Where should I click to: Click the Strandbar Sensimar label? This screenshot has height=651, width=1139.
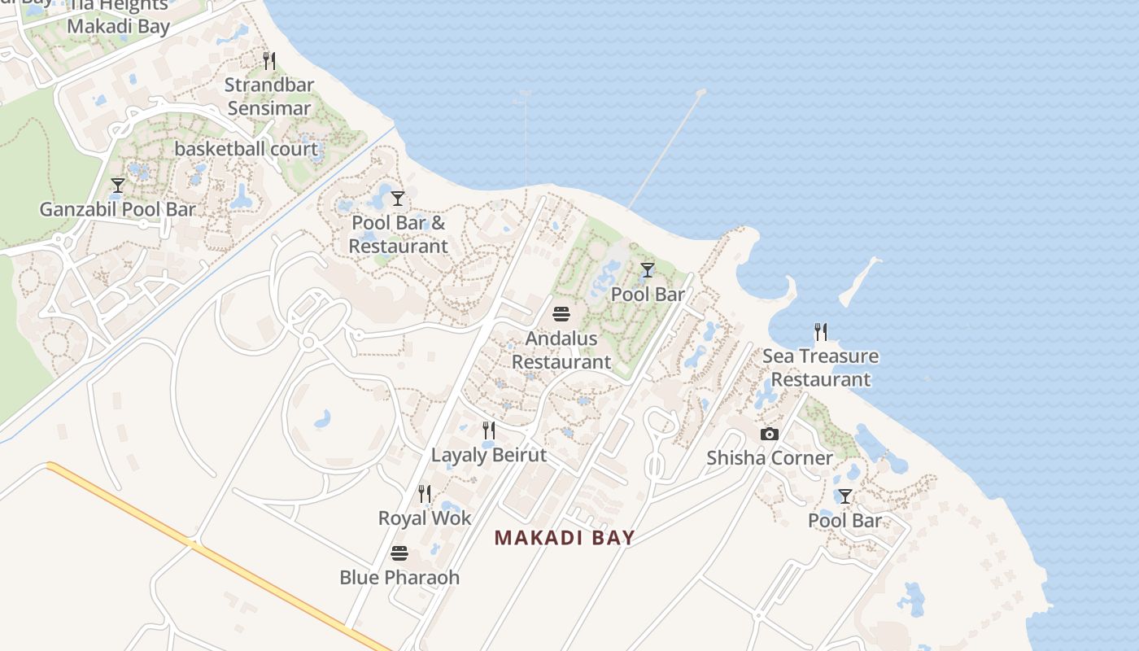tap(269, 96)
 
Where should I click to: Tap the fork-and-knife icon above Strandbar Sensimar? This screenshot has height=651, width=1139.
tap(269, 60)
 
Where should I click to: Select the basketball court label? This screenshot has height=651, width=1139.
tap(246, 149)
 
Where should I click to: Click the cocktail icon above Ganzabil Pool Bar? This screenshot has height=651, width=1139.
tap(118, 186)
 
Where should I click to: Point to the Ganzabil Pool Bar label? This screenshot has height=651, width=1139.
tap(118, 209)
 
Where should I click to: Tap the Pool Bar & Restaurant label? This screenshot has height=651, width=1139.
tap(399, 234)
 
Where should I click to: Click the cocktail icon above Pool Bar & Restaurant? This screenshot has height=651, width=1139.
tap(398, 199)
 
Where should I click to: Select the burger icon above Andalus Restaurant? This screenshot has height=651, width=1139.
tap(561, 314)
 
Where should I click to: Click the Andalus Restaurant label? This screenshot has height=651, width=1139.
tap(561, 350)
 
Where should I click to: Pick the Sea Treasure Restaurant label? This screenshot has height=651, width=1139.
tap(820, 368)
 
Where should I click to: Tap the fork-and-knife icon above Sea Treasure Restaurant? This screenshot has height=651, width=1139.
tap(820, 332)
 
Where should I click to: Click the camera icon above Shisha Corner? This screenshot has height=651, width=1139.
tap(769, 435)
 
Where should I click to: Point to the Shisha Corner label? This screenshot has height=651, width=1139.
tap(769, 457)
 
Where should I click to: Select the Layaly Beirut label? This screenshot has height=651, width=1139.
tap(489, 455)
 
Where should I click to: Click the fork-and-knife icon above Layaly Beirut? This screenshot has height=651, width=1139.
tap(489, 430)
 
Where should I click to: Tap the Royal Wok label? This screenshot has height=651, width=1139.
tap(425, 518)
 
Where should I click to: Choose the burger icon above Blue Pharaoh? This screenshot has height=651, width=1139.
tap(399, 553)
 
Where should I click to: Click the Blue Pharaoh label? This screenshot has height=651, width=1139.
tap(399, 577)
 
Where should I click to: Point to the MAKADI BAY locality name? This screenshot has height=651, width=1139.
tap(565, 538)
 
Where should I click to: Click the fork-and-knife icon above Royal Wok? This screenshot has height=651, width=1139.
tap(425, 494)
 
